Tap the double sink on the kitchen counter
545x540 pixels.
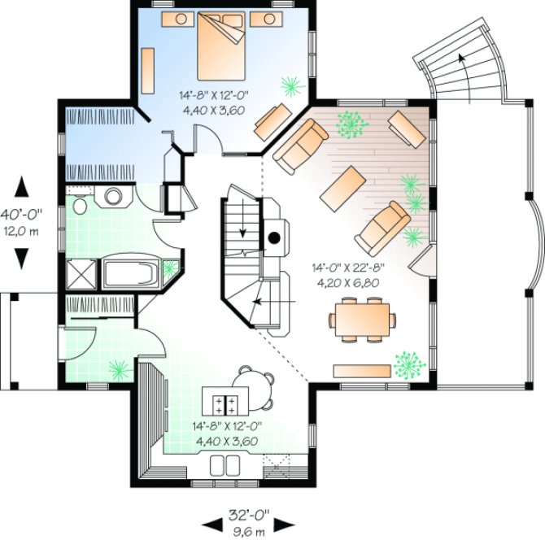pos(226,466)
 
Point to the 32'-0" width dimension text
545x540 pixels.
pos(249,515)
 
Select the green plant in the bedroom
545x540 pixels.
pos(291,84)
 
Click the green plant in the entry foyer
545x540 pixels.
pos(120,370)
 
